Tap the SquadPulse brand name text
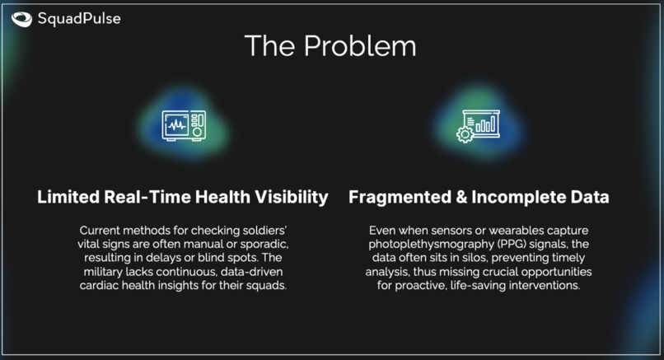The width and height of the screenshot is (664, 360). coord(78,18)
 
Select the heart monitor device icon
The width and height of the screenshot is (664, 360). coord(183,126)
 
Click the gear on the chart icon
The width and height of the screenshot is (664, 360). coord(465,134)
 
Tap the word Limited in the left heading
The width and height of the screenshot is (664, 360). coord(69,198)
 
